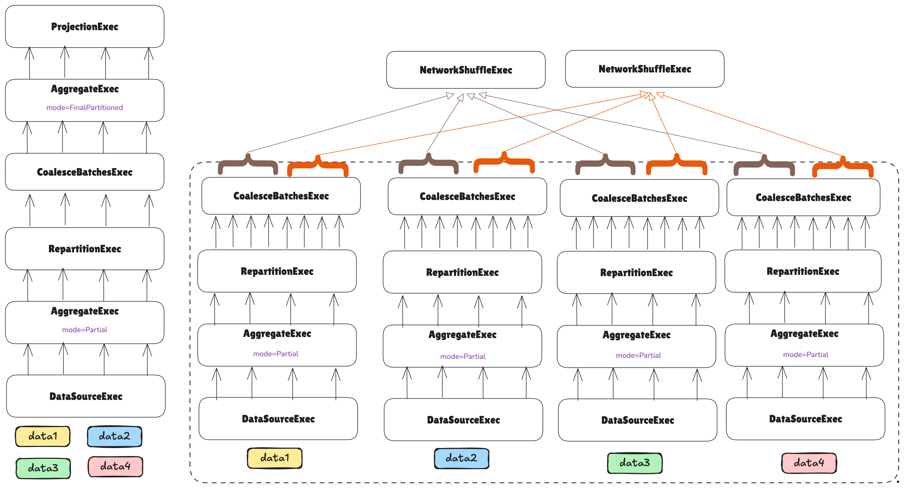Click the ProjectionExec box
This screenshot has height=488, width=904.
point(85,27)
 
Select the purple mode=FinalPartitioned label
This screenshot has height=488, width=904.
point(85,108)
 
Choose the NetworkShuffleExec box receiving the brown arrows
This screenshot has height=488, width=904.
point(466,70)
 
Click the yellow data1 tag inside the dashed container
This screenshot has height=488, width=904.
point(274,458)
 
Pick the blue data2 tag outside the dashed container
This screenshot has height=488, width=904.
point(114,436)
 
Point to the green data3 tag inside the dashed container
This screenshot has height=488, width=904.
point(634,463)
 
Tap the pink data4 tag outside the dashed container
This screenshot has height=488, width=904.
point(115,466)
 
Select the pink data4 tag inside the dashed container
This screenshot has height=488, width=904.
point(808,463)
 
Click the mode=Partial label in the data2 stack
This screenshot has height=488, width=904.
point(463,357)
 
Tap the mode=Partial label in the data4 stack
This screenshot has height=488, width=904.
point(806,355)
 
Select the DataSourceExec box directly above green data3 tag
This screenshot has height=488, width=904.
point(637,420)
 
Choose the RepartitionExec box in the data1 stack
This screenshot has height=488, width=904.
point(277,271)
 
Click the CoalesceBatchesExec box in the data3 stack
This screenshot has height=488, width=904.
point(639,198)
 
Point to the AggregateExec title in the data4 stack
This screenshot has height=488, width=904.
point(804,334)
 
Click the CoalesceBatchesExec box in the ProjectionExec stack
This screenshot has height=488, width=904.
point(85,172)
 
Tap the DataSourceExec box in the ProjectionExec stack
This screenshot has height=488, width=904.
point(86,396)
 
